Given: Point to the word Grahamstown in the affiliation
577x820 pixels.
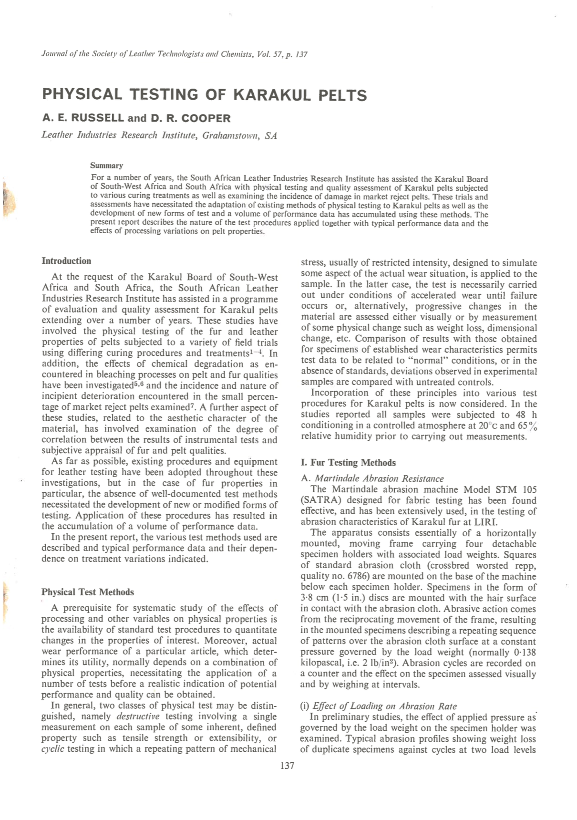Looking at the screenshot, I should click(231, 135).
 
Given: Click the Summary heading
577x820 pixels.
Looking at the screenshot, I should click(106, 166).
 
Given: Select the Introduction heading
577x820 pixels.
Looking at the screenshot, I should click(66, 261).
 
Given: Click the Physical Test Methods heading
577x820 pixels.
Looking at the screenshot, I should click(88, 592).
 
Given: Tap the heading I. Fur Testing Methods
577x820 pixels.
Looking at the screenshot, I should click(348, 462).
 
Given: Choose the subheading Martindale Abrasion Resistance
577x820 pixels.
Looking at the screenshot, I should click(379, 478).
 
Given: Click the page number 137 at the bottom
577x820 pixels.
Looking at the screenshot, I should click(287, 766).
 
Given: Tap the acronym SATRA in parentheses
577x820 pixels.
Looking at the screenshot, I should click(321, 500).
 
